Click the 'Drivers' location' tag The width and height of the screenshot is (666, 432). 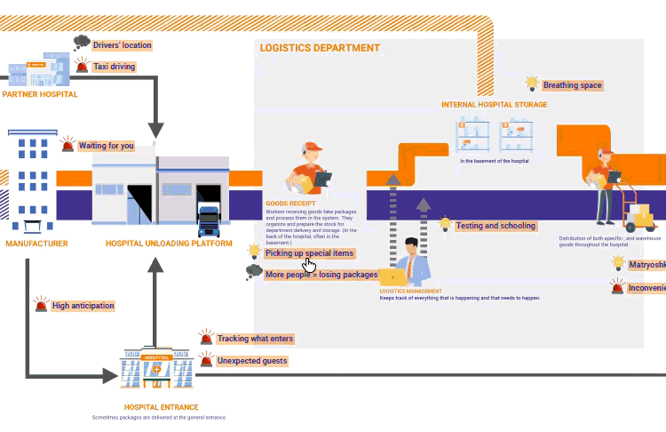coord(123,45)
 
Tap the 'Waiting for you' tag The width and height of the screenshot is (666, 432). coord(106,146)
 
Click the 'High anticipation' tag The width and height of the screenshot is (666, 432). coord(83,306)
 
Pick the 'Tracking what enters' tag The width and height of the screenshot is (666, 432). coord(255,339)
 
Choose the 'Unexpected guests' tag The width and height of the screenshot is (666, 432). coord(252,361)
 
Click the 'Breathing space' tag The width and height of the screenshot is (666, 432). coord(572,85)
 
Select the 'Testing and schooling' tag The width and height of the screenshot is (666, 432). coord(496,226)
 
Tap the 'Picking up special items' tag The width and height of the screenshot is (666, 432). coord(309,253)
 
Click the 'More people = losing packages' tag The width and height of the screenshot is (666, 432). coord(321,275)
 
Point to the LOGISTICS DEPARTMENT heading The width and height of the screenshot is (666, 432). coord(320,48)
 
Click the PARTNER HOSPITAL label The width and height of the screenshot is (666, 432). coord(39,93)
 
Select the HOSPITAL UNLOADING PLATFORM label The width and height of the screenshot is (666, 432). coord(169,243)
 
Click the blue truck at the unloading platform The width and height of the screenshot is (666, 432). coord(209,221)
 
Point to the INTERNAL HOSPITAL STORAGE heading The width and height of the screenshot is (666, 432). coord(494,104)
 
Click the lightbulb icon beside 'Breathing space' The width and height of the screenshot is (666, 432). coord(532,84)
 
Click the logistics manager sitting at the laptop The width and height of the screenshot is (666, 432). coord(410,262)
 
